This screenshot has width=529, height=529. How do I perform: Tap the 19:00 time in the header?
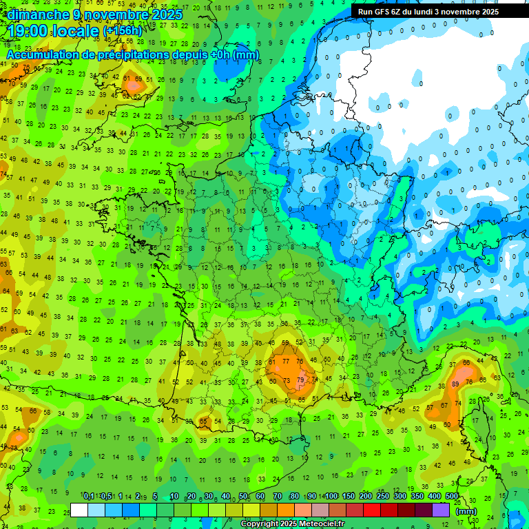click(x=30, y=31)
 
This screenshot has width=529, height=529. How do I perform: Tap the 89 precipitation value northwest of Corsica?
click(x=455, y=384)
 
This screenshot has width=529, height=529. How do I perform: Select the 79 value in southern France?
click(x=300, y=380)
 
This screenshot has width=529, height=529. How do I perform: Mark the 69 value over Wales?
click(x=138, y=79)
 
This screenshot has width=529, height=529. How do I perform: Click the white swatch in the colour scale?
click(x=79, y=510)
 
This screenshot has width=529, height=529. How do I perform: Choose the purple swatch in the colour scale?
click(x=441, y=510)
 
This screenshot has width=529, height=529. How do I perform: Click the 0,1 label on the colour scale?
click(x=89, y=497)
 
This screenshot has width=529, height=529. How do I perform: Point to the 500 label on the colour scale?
click(x=452, y=497)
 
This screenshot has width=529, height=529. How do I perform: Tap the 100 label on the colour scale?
click(x=331, y=497)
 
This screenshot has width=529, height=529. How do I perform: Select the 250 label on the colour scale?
click(x=383, y=497)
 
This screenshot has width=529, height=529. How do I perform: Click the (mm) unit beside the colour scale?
click(x=466, y=510)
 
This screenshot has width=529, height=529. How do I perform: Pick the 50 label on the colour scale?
click(x=243, y=497)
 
